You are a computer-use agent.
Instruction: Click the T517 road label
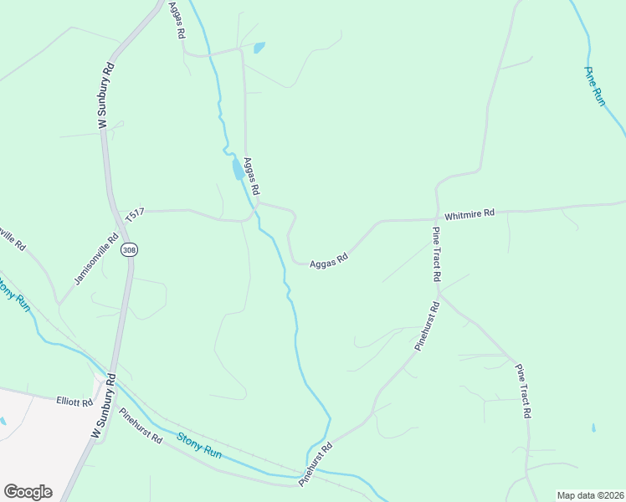[x=135, y=216]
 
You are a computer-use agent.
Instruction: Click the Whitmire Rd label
[x=469, y=214]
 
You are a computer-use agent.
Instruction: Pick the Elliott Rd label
[x=74, y=402]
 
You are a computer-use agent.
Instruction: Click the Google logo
[x=28, y=491]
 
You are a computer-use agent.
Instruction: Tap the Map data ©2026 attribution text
[x=590, y=494]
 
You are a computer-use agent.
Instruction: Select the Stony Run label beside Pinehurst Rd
[x=200, y=444]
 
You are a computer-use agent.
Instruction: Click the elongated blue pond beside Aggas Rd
[x=237, y=170]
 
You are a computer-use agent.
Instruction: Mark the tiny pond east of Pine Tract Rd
[x=593, y=428]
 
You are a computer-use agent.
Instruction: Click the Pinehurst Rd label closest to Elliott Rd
[x=140, y=425]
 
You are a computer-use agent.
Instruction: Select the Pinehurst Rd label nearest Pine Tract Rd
[x=427, y=327]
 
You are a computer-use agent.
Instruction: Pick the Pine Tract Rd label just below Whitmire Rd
[x=437, y=254]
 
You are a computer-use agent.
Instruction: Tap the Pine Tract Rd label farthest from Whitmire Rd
[x=524, y=392]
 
